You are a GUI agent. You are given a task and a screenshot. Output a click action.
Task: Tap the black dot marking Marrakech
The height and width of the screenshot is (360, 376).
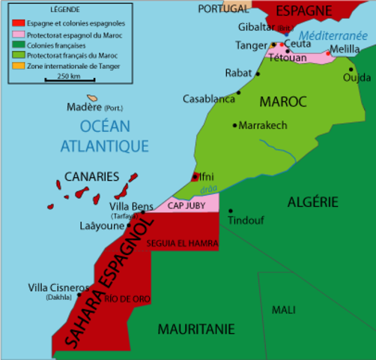234,125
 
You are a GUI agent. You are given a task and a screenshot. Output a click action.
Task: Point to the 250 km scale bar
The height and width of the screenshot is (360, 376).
69,80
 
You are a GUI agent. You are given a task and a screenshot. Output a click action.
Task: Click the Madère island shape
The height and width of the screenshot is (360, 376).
93,97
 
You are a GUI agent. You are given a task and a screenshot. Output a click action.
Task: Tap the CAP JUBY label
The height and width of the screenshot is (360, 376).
185,204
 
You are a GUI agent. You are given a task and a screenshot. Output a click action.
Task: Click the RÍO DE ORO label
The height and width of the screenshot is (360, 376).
122,299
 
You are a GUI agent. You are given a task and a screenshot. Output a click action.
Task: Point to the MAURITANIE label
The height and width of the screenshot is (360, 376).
196,328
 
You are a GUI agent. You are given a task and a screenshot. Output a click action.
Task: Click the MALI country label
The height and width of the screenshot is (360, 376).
284,310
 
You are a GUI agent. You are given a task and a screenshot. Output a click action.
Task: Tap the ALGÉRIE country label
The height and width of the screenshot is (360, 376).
313,201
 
